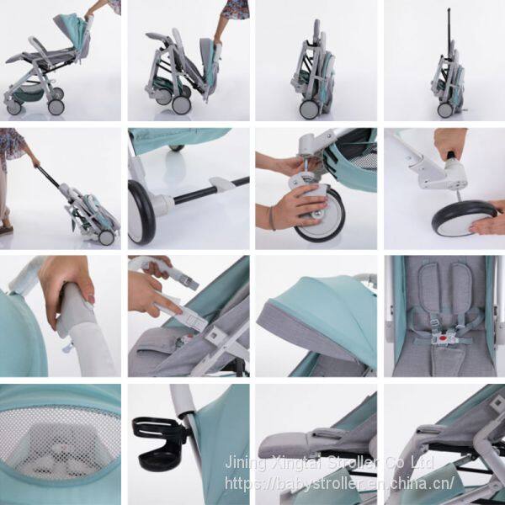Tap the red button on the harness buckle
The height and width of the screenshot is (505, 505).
tap(444, 339)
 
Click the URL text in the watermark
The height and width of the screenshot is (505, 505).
tap(340, 482)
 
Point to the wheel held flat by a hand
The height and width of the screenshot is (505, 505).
tap(464, 218)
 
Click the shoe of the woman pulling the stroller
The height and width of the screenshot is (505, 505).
tap(7, 230)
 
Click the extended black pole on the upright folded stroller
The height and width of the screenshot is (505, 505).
tap(449, 32)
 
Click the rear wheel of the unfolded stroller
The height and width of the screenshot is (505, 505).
tap(56, 106)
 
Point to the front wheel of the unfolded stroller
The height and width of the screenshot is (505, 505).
tap(13, 109)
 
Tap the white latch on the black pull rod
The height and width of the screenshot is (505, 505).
tap(223, 183)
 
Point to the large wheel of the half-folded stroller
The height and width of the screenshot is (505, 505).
tap(181, 104)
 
